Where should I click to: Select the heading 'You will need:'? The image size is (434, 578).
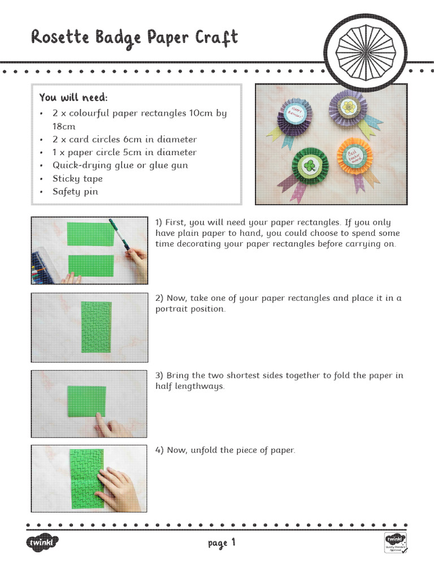point(73,97)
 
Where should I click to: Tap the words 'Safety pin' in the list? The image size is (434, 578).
point(75,191)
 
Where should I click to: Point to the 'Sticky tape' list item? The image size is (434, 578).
point(77,178)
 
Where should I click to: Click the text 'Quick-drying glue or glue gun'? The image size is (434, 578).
point(120,165)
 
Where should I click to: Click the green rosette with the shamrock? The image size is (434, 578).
point(310,165)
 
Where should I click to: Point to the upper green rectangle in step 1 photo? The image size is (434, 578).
point(90,234)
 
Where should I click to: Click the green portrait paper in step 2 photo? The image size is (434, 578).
point(96,327)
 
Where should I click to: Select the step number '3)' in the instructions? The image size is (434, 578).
point(159,375)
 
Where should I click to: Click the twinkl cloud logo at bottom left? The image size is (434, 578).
point(42,543)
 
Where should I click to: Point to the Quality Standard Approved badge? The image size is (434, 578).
point(396,542)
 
